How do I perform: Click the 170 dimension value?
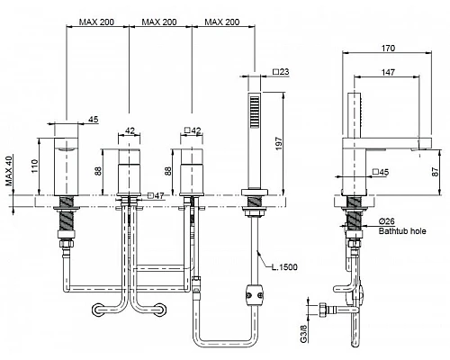point(388,48)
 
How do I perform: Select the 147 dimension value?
point(388,72)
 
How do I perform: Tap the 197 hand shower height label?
point(279,143)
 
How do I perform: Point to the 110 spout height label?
point(35,166)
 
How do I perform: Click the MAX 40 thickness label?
point(9,171)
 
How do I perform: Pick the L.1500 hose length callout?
point(284,267)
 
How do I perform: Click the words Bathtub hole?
point(402,231)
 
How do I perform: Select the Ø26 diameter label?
point(387,221)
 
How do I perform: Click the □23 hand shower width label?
point(281,72)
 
